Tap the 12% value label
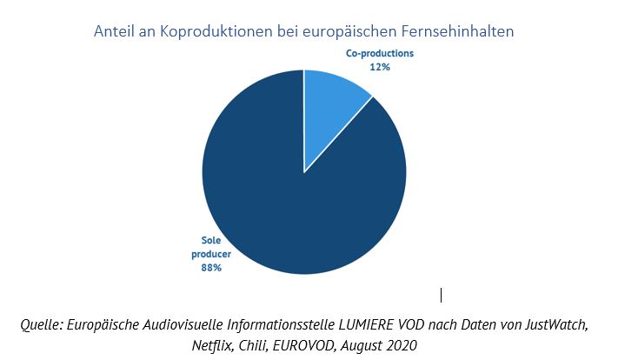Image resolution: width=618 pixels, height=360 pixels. point(380,66)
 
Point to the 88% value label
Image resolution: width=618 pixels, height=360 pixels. point(211,268)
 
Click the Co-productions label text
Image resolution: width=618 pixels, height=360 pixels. point(380,53)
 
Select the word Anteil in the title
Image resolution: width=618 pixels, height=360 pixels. point(117,32)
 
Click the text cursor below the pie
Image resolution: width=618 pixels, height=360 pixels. point(442,295)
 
